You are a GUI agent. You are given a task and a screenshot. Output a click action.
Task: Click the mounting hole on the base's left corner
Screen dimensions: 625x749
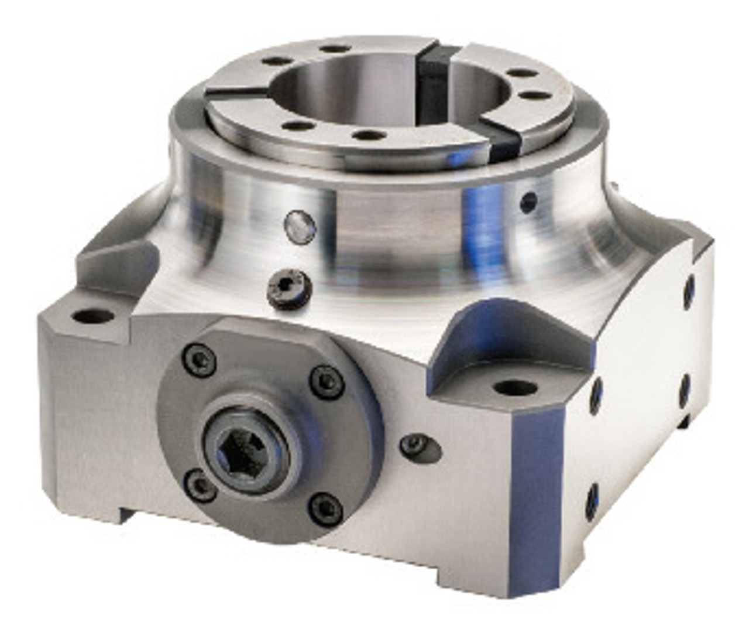click(92, 316)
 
